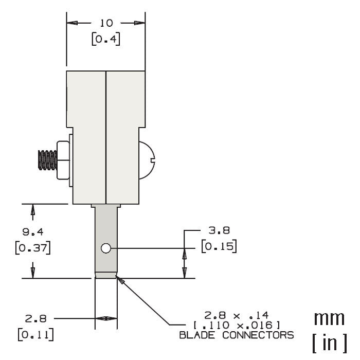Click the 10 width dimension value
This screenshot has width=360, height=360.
point(106,23)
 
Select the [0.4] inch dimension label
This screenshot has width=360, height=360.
point(106,40)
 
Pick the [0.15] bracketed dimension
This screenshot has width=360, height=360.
point(219,246)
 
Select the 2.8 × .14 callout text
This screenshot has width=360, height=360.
point(237,315)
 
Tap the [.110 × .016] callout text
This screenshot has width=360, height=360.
point(237,325)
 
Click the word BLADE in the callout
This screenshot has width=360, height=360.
point(199,335)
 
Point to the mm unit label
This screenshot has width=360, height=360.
point(329,318)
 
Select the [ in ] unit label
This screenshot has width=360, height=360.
point(329,341)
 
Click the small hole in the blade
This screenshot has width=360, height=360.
point(106,248)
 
